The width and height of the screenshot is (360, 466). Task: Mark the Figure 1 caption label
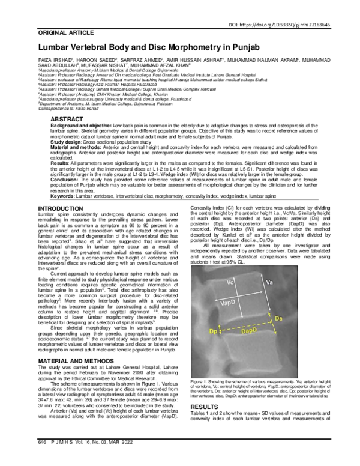(x=199, y=382)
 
